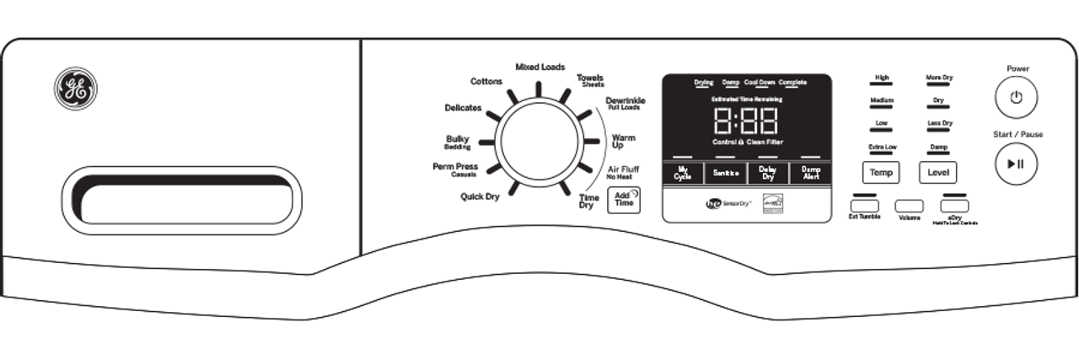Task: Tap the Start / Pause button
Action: click(1015, 164)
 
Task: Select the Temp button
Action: click(881, 172)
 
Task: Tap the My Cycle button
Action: click(683, 173)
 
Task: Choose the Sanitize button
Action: click(725, 173)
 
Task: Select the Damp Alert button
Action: click(810, 173)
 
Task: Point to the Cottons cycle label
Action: click(486, 82)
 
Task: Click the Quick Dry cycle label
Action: click(480, 196)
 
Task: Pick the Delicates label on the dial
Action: click(463, 108)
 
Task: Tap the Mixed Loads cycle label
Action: click(540, 67)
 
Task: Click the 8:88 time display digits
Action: click(746, 121)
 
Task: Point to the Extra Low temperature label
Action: click(882, 147)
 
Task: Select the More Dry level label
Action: click(939, 78)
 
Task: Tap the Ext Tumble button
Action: click(864, 205)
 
